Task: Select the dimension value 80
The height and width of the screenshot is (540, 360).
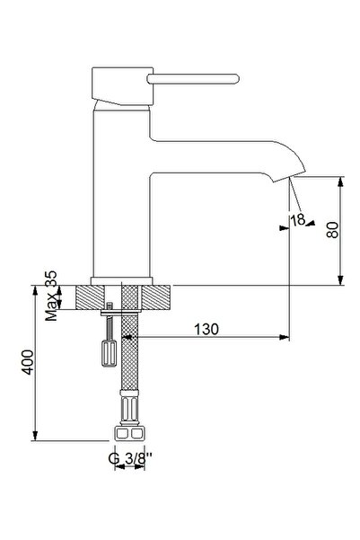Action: [332, 230]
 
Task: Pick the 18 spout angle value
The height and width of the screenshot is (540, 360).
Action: [296, 218]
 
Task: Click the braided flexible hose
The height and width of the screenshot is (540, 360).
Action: [130, 368]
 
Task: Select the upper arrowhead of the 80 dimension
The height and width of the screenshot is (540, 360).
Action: [341, 180]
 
